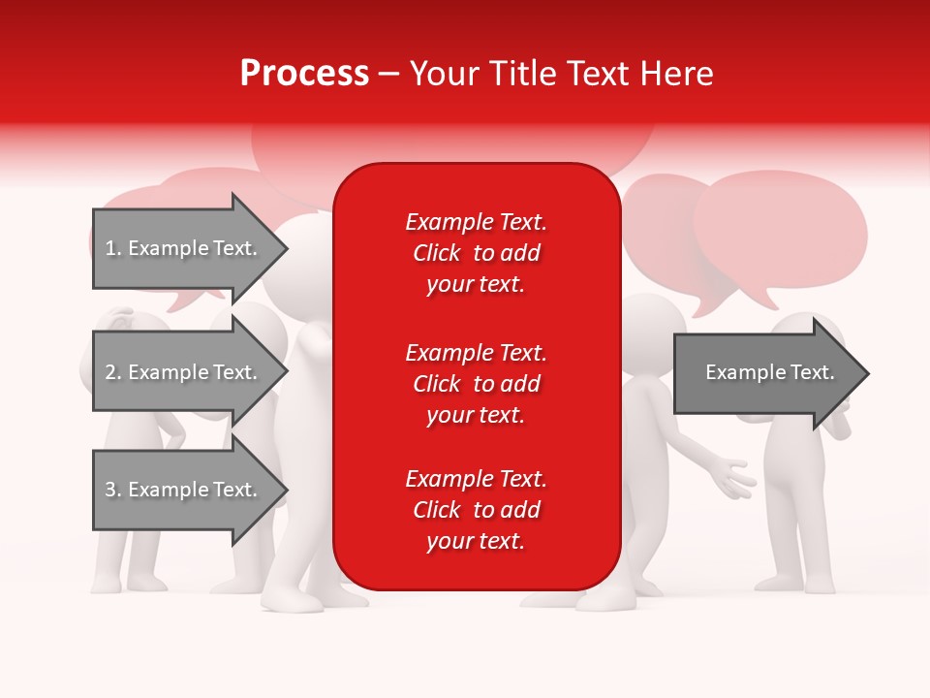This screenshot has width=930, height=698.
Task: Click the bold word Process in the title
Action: (x=304, y=74)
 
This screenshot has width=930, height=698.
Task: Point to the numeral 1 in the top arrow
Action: (x=109, y=249)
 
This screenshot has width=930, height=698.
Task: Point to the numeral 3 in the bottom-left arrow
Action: (x=110, y=490)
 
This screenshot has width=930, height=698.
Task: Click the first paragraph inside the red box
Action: (x=476, y=253)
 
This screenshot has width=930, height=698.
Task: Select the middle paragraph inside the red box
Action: (x=476, y=384)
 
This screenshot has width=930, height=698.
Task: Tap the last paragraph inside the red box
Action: (x=476, y=510)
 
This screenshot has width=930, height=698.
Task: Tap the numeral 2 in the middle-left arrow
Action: (x=110, y=372)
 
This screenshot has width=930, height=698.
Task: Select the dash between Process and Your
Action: (x=388, y=74)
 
